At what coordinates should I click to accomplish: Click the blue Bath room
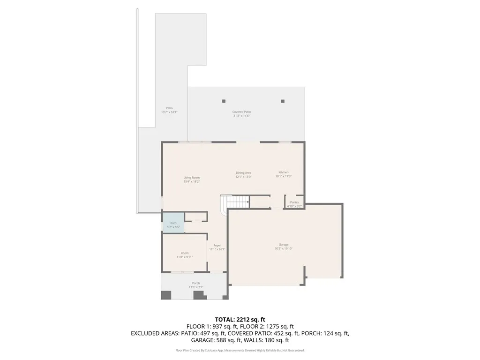coord(173,223)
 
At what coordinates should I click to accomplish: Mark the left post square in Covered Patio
coord(224,101)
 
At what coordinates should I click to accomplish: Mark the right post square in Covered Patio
coord(283,101)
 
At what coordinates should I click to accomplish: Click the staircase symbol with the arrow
coord(237,202)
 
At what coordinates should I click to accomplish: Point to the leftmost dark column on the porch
coord(166,295)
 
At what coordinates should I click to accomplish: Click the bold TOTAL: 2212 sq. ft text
coord(240,320)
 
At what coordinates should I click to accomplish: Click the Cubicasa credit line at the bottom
coord(240,350)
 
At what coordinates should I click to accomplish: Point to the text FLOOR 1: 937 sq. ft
coord(213,326)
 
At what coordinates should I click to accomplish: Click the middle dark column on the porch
coord(199,295)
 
